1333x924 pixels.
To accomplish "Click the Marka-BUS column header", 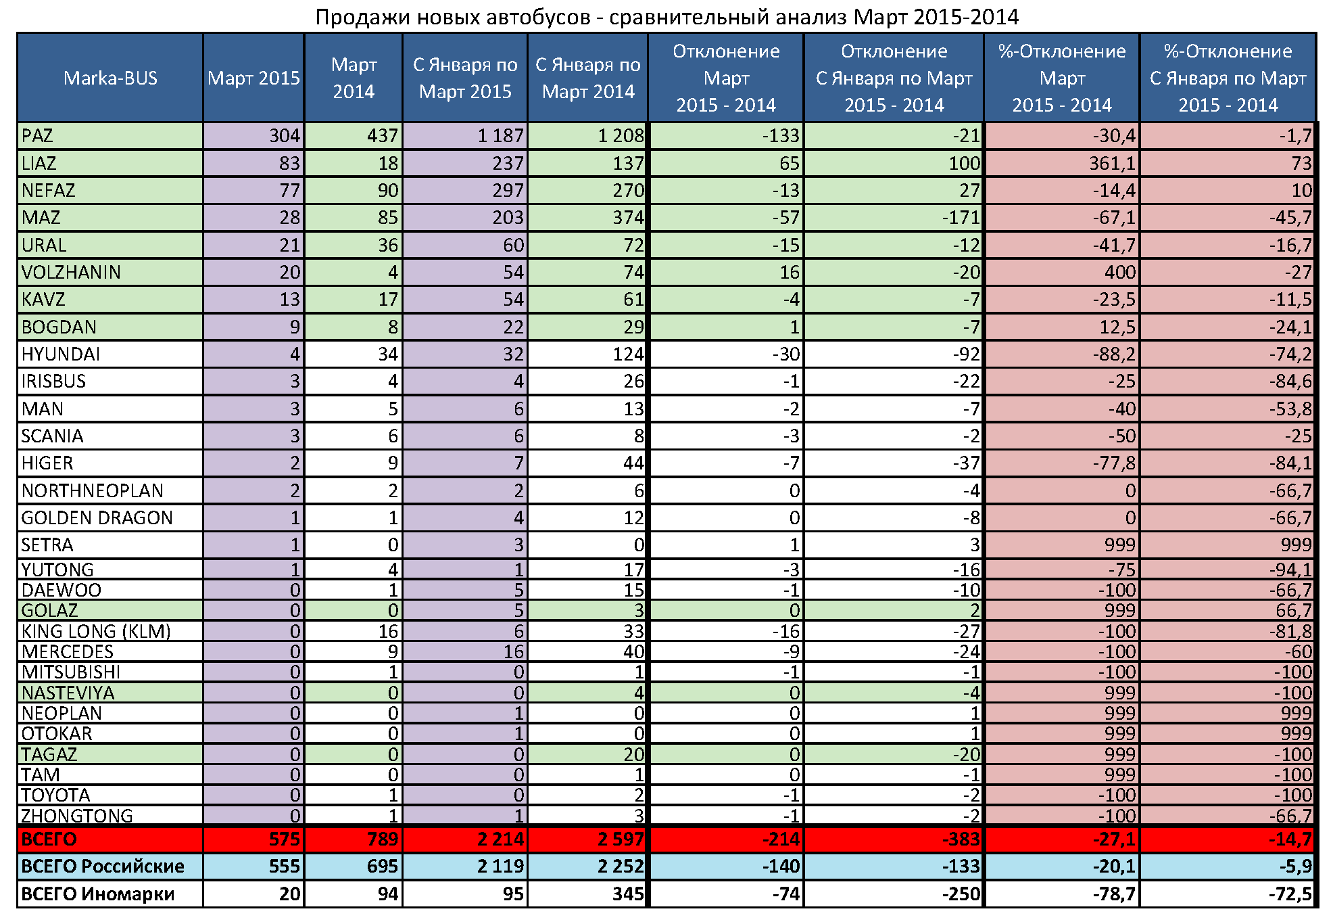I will click(x=110, y=78).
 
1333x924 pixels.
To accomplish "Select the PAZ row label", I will click(x=37, y=136).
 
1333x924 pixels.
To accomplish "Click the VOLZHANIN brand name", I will click(x=71, y=273).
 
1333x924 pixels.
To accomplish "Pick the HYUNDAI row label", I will click(x=61, y=354).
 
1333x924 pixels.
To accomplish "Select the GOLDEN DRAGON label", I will click(x=97, y=518).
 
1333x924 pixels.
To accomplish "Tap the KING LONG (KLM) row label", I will click(x=96, y=632).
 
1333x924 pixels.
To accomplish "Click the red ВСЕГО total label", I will click(x=49, y=839).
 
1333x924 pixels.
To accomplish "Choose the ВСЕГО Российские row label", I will click(x=103, y=867).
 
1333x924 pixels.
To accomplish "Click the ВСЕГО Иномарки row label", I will click(x=98, y=894).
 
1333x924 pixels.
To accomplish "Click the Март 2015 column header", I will click(x=253, y=78).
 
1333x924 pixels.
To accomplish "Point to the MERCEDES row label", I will click(x=68, y=652).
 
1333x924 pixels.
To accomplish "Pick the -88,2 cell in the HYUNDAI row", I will click(x=1114, y=354).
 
